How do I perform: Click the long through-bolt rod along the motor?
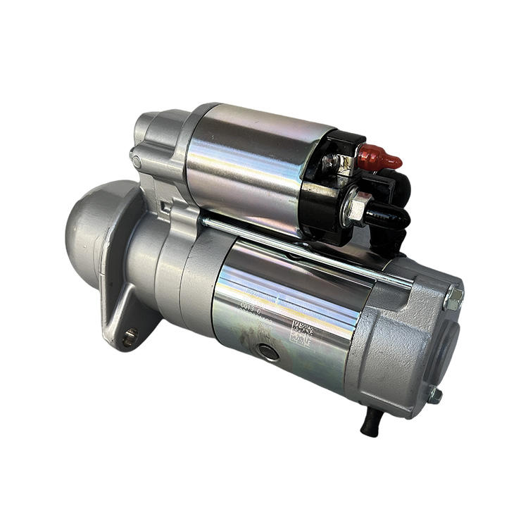click(x=303, y=250)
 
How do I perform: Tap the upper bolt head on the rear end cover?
click(x=454, y=297)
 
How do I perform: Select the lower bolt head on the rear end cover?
click(x=435, y=395)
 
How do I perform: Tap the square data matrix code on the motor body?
click(x=302, y=331)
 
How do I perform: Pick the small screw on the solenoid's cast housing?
click(x=137, y=163)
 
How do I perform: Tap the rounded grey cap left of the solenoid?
click(x=151, y=127)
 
